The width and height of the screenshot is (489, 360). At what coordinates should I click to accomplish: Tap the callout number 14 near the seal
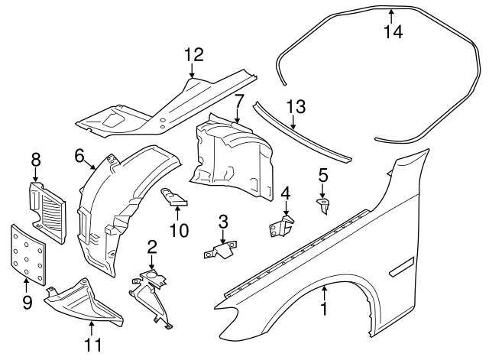(x=392, y=32)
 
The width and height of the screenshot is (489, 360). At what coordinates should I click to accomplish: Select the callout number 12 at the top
(x=194, y=55)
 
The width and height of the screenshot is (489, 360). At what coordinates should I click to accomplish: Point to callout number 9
(x=28, y=303)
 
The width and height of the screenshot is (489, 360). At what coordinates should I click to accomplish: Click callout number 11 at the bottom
(x=92, y=345)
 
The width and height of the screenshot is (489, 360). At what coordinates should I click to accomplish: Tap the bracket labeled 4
(x=283, y=225)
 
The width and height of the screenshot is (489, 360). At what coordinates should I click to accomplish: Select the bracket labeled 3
(x=221, y=250)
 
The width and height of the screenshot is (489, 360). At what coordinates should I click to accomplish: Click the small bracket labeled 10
(x=175, y=198)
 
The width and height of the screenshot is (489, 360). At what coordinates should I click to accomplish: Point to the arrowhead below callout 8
(x=35, y=180)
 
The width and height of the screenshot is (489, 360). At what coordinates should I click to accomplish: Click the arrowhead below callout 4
(x=285, y=215)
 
